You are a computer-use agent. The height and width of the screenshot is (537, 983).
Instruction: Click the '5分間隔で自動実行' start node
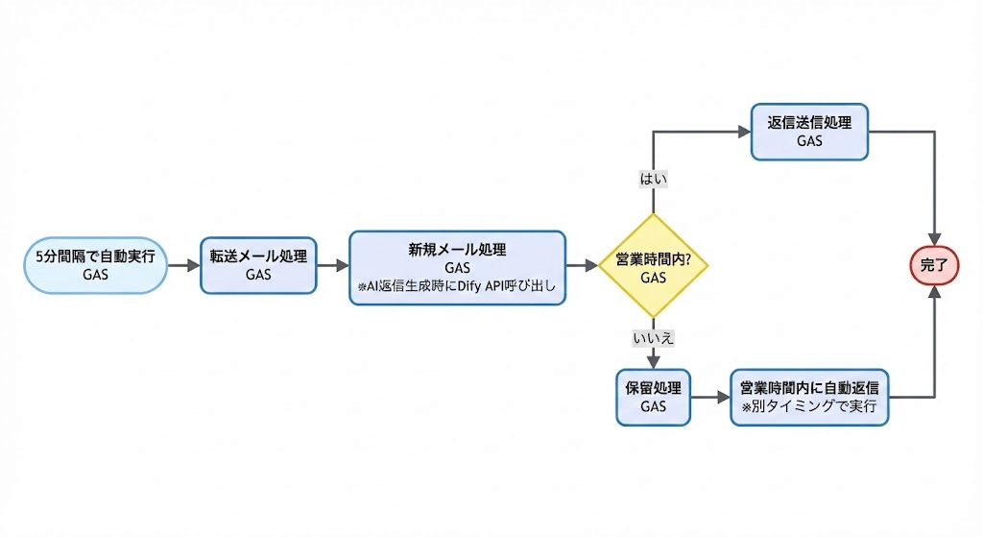pos(96,265)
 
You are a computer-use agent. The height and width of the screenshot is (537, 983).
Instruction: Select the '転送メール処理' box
pos(258,265)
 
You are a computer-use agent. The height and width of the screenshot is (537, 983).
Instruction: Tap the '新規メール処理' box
pos(457,267)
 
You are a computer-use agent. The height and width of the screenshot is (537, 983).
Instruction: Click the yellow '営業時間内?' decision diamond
pos(653,265)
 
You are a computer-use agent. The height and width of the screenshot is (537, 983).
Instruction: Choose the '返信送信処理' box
pos(809,132)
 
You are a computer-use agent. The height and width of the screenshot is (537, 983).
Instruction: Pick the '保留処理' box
pos(653,397)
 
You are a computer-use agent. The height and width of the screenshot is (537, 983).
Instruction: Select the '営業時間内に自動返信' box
pos(809,397)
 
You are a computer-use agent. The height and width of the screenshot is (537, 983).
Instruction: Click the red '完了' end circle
pos(934,265)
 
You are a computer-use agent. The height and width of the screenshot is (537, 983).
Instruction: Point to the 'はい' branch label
pos(653,179)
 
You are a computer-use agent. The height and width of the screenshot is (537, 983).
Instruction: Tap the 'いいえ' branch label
pos(653,337)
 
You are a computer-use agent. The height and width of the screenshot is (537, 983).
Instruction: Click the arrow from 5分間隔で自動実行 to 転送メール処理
pos(183,265)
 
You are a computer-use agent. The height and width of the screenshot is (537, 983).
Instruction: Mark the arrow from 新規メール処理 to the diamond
pos(582,265)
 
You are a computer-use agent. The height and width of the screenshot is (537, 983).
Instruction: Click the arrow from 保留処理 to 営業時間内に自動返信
pos(710,397)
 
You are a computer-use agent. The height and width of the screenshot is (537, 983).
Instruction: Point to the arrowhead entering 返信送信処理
pos(743,132)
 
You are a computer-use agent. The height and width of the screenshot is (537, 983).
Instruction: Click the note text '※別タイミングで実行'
pos(809,406)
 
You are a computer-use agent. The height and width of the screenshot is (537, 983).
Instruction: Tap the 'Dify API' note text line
pos(457,286)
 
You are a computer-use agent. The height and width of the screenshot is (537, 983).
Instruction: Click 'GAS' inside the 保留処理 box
pos(653,406)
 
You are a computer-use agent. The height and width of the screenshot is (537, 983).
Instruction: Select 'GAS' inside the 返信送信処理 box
pos(809,141)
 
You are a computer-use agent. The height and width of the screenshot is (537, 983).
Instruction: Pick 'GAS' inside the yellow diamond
pos(653,277)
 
